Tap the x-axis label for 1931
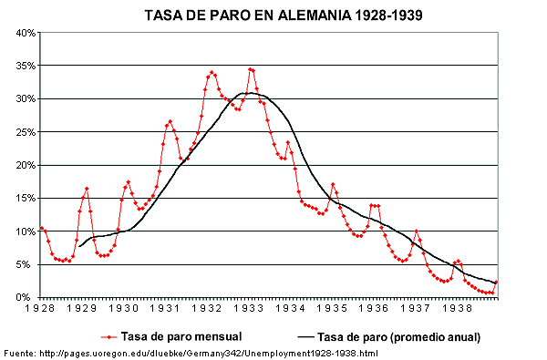click(x=166, y=309)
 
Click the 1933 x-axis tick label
click(x=248, y=309)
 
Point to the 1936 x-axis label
click(x=372, y=309)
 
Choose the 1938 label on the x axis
click(x=454, y=309)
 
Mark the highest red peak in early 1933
click(x=251, y=69)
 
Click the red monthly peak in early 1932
click(x=212, y=72)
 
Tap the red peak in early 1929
click(x=87, y=189)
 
